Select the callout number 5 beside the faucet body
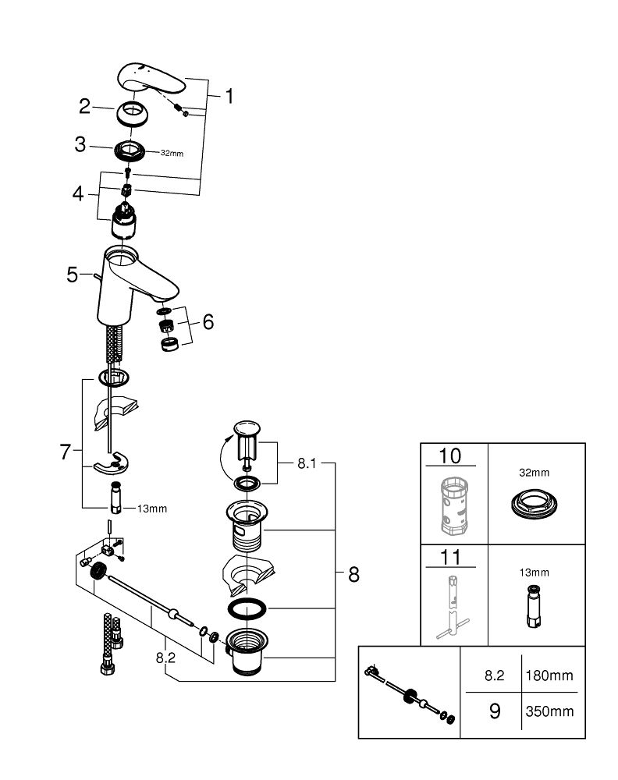click(73, 275)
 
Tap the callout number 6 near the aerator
click(208, 321)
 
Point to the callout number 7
click(66, 451)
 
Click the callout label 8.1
click(307, 463)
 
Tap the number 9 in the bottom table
click(494, 711)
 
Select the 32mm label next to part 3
click(172, 153)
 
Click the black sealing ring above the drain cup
click(247, 608)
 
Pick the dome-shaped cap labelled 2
click(133, 113)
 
